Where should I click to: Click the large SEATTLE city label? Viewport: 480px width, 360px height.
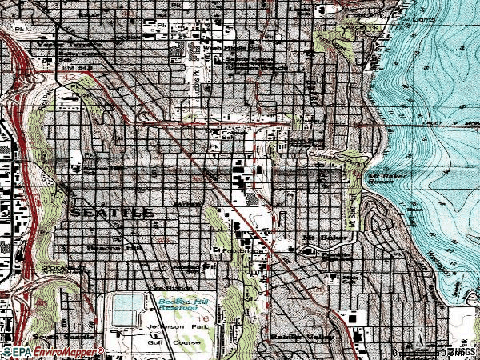coord(113,213)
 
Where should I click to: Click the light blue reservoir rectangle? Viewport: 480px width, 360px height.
coord(127,309)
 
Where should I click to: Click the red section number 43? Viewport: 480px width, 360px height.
coord(162,239)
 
